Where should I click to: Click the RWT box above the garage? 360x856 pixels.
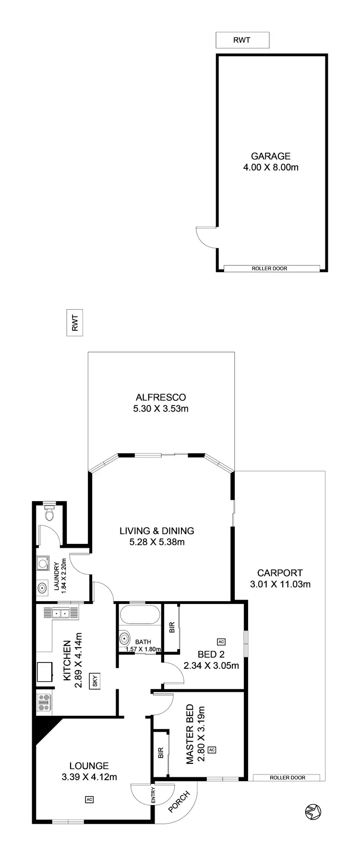click(242, 40)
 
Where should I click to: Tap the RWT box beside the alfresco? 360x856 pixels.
click(75, 323)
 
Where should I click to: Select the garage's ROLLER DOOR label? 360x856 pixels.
click(269, 268)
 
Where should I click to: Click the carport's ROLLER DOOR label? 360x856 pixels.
click(288, 778)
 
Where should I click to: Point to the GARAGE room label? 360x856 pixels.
click(271, 156)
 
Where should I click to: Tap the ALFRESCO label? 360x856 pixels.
click(161, 397)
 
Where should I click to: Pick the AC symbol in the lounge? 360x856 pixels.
click(89, 800)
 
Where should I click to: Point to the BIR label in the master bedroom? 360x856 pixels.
click(160, 753)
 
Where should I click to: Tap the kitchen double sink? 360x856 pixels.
click(61, 613)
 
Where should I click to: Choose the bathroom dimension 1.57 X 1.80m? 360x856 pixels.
click(143, 650)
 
